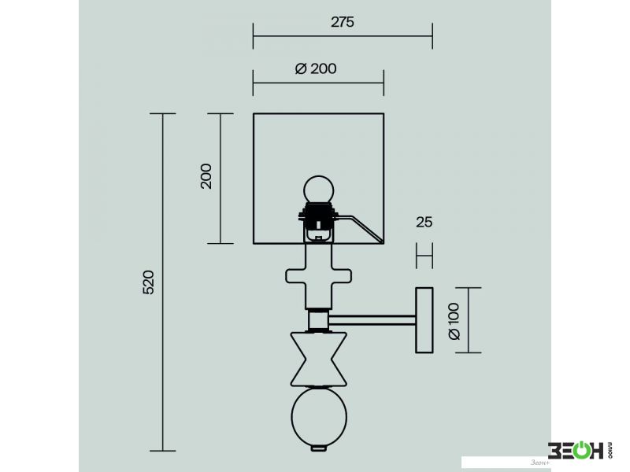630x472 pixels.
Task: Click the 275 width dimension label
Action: click(x=343, y=22)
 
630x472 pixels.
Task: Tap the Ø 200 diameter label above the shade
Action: click(x=316, y=68)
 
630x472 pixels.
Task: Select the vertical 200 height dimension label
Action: click(x=206, y=175)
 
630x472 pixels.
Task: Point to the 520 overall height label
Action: click(x=148, y=282)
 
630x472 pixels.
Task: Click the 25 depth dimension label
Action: click(x=424, y=222)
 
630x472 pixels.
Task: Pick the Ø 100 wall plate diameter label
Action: click(x=454, y=322)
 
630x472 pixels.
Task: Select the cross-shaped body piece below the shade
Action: click(x=319, y=276)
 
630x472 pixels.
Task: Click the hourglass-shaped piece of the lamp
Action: click(x=319, y=359)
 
